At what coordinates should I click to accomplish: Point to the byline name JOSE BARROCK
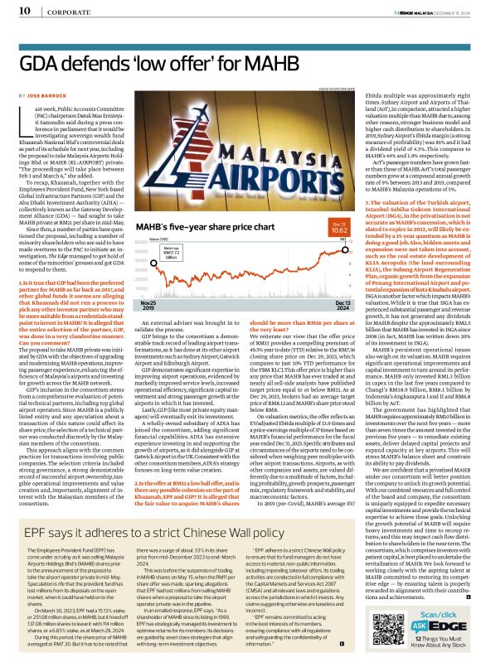coord(54,96)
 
